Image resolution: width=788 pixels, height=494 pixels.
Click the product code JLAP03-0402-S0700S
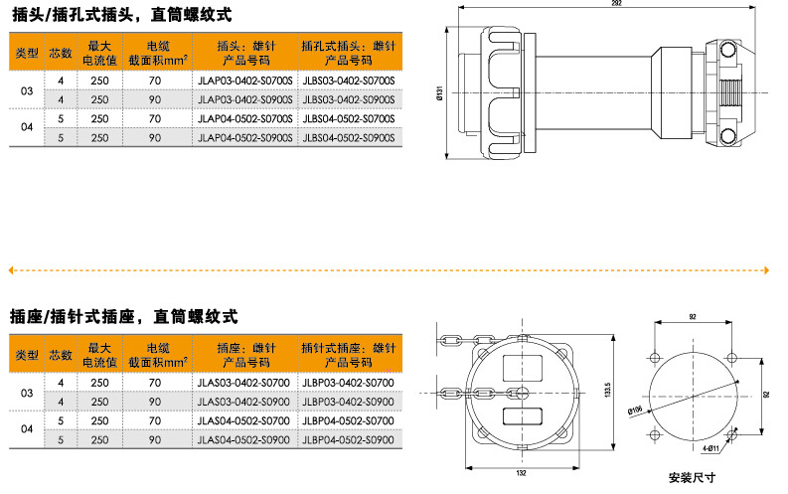[x=244, y=81]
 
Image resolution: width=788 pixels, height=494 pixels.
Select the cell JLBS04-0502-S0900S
[x=349, y=138]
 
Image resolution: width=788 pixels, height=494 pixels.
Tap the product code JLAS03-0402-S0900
[x=243, y=402]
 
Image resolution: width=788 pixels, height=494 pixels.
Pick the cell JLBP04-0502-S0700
[x=348, y=421]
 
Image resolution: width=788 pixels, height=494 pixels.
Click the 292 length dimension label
[x=617, y=3]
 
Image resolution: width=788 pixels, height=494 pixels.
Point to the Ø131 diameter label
[x=440, y=93]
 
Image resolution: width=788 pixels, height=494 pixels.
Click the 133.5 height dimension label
[x=607, y=390]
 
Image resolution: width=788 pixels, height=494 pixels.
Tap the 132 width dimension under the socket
[x=521, y=473]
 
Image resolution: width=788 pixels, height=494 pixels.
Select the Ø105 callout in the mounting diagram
[x=635, y=411]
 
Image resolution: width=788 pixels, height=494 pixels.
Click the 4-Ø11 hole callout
[x=710, y=448]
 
